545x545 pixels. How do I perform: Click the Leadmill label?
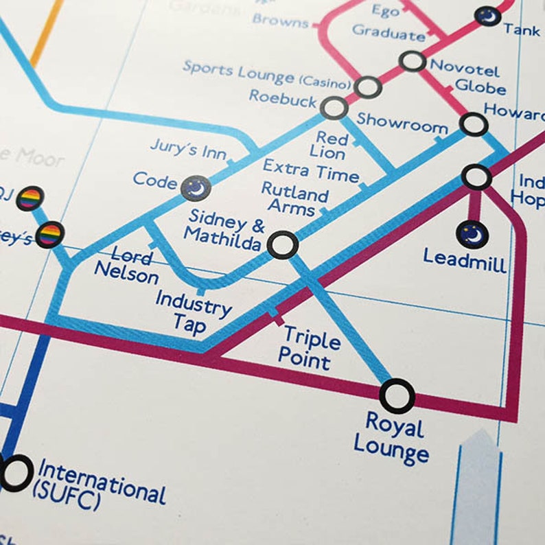point(465,259)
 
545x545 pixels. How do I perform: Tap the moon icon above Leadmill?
point(472,235)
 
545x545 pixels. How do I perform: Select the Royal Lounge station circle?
point(397,396)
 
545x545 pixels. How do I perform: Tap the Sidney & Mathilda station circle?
point(282,244)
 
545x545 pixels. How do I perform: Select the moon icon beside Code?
point(196,187)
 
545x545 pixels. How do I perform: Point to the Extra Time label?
point(311,170)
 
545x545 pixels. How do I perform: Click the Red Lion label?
point(332,145)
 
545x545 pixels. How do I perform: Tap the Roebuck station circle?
point(334,108)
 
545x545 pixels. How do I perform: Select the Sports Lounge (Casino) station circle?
point(368,87)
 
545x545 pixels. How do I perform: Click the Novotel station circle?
point(413,61)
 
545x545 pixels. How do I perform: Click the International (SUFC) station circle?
point(16,473)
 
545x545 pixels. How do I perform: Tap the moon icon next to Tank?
point(488,16)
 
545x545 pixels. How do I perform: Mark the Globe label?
point(480,87)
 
